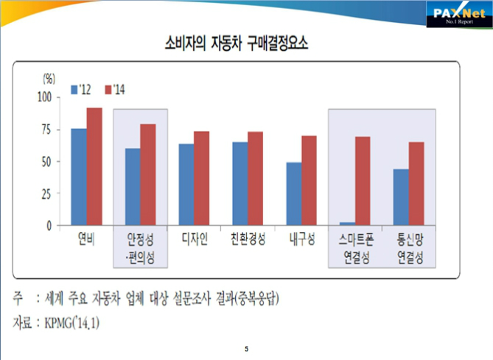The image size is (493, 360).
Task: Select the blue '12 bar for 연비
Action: coord(78,177)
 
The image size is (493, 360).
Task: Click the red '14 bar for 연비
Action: coord(94,166)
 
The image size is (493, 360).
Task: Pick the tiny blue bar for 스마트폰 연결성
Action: coord(347,223)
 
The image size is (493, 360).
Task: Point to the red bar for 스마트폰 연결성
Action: coord(363,181)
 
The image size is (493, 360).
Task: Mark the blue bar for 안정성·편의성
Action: coord(132,187)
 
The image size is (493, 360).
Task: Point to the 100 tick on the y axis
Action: coord(46,96)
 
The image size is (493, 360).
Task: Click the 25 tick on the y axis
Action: coord(49,194)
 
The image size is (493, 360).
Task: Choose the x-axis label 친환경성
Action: coord(248,239)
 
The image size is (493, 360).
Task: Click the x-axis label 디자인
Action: coord(194,239)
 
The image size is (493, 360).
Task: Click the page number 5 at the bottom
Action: coord(246,347)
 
